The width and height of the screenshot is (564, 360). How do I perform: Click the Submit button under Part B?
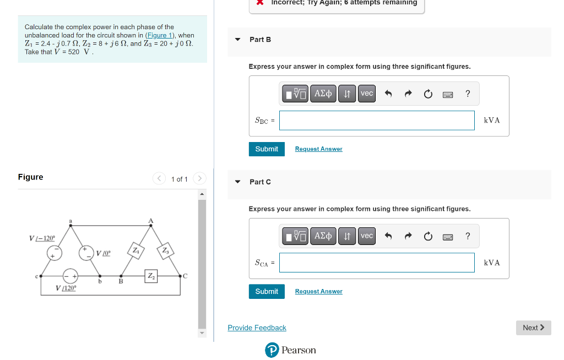tap(267, 149)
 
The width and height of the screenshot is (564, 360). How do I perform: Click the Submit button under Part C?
tap(267, 292)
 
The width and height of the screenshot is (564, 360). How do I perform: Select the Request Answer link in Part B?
tap(318, 149)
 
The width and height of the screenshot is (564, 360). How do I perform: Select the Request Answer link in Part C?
tap(318, 292)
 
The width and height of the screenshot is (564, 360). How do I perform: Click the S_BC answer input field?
tap(376, 121)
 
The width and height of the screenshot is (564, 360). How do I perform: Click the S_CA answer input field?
tap(376, 263)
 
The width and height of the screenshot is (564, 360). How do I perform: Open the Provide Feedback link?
tap(257, 328)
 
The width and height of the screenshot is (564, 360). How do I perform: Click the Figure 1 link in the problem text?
tap(160, 35)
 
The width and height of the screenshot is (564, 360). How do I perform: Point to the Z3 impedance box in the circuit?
tap(165, 250)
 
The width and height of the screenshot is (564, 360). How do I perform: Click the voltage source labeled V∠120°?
tap(70, 275)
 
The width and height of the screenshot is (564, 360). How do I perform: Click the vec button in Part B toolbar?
tap(367, 94)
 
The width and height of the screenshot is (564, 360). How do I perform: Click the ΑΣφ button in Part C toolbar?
tap(323, 236)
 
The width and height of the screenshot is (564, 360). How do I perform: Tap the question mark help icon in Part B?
tap(468, 94)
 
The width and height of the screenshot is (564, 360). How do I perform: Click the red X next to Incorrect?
tap(260, 2)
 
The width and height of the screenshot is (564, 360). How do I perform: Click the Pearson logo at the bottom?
tap(290, 350)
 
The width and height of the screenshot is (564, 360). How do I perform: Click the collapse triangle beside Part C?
tap(238, 182)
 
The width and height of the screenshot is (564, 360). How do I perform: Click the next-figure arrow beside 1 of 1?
tap(200, 178)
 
